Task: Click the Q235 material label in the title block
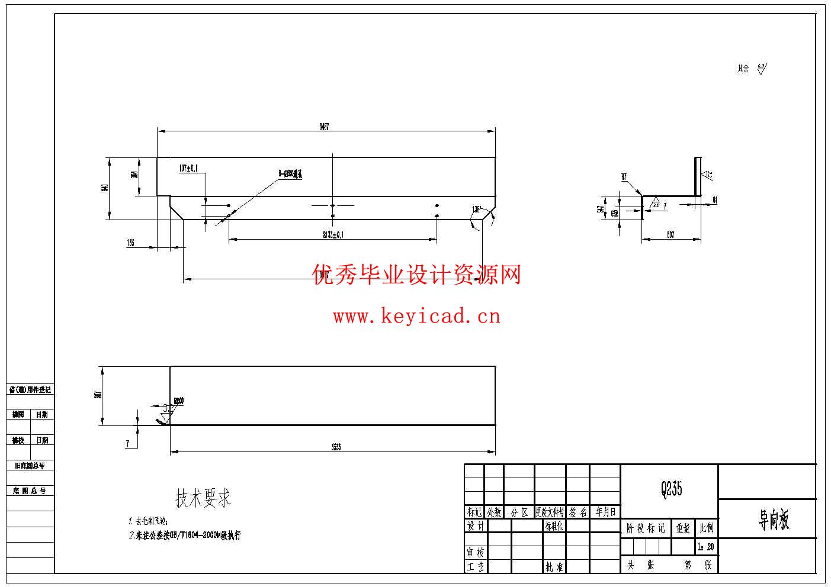point(671,489)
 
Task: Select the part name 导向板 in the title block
point(774,520)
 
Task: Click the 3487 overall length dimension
point(324,127)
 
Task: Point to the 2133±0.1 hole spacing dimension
point(333,234)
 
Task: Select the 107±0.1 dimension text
point(188,168)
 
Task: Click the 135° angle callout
point(477,209)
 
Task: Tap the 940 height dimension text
point(105,188)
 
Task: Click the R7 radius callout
point(624,176)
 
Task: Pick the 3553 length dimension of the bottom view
point(336,447)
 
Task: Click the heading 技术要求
point(203,498)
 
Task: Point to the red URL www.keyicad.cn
point(416,317)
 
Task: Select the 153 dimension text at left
point(130,243)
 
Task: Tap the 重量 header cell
point(683,528)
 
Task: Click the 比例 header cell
point(706,528)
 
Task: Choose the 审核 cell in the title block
point(475,553)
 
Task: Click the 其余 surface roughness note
point(743,69)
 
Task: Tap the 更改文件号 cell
point(550,512)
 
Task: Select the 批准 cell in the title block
point(554,567)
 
